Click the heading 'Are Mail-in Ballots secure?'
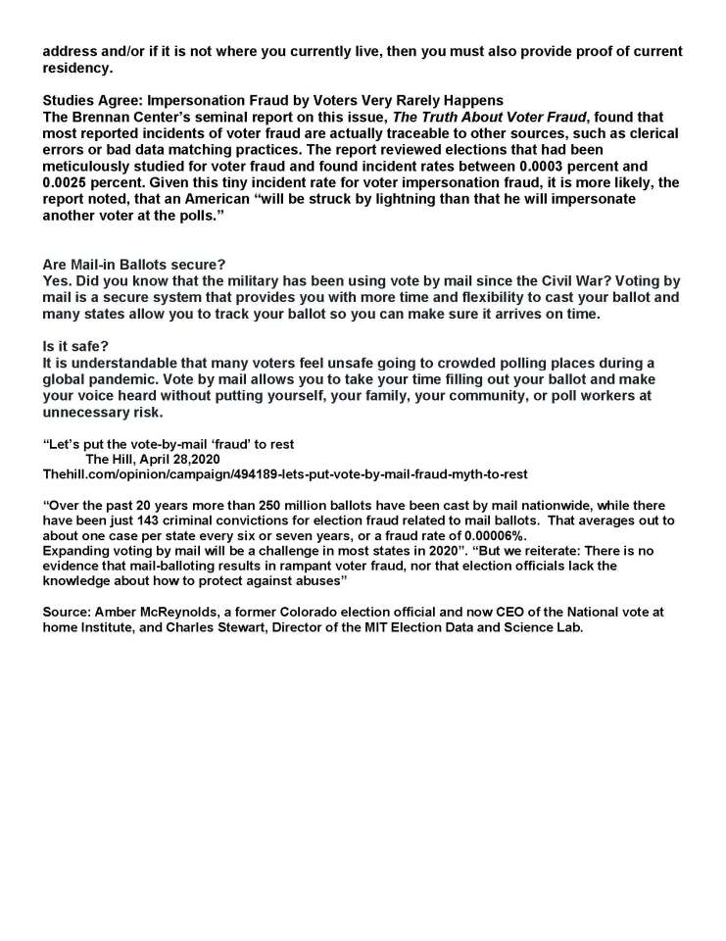[134, 264]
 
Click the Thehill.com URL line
[285, 473]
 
